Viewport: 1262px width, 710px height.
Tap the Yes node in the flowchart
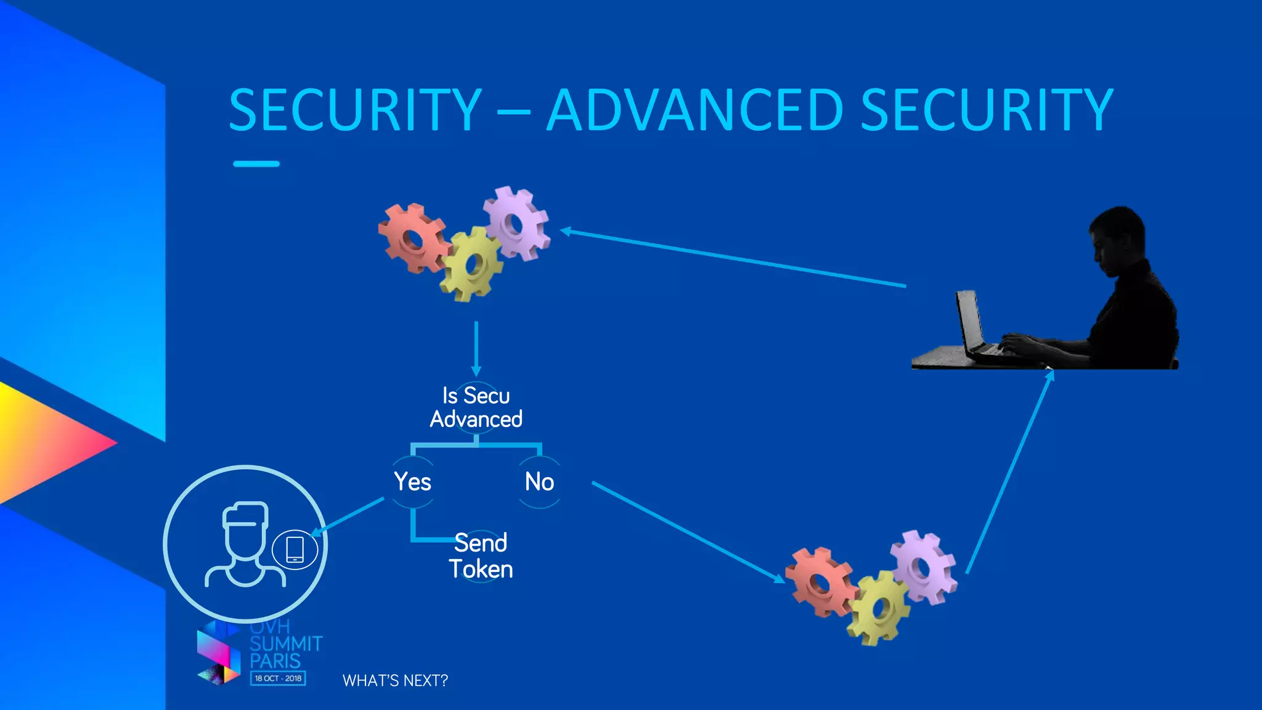point(412,481)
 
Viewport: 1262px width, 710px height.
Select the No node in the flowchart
point(539,481)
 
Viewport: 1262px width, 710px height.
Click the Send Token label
point(481,556)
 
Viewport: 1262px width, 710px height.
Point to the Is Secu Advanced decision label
point(476,407)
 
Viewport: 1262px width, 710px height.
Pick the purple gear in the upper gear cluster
point(516,223)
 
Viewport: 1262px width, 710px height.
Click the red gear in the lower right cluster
point(821,581)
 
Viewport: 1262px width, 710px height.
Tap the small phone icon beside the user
point(295,549)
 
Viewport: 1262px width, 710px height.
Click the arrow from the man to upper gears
point(733,258)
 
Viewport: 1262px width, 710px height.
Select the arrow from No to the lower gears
point(687,531)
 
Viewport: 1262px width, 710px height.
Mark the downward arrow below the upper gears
point(476,348)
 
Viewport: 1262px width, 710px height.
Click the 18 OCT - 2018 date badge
point(278,678)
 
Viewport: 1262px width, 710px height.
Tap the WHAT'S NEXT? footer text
point(395,680)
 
